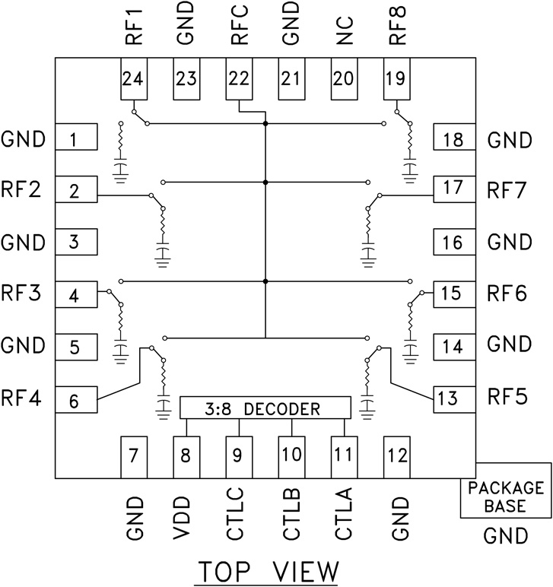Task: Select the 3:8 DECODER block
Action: pyautogui.click(x=265, y=408)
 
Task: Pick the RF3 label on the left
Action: pyautogui.click(x=21, y=293)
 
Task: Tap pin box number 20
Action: pyautogui.click(x=344, y=78)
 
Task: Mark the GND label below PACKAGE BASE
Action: pyautogui.click(x=506, y=537)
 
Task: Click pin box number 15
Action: pyautogui.click(x=452, y=293)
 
